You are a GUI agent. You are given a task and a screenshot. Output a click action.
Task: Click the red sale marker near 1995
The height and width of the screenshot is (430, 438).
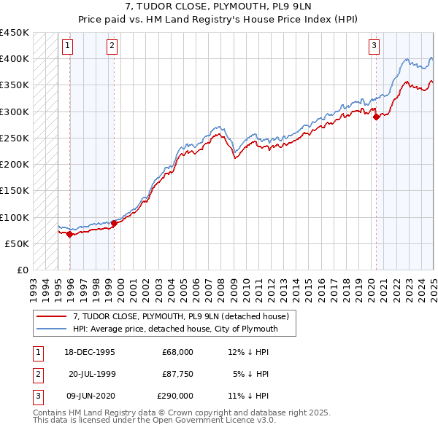[69, 235]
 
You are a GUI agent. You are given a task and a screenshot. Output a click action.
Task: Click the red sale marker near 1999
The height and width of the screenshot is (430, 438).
[114, 224]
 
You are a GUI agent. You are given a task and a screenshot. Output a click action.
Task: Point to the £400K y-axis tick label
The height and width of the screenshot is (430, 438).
[15, 58]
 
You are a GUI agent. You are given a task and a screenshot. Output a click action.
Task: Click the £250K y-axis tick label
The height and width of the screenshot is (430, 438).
[15, 138]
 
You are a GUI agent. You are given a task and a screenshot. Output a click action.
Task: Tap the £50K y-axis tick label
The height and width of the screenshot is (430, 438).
[18, 243]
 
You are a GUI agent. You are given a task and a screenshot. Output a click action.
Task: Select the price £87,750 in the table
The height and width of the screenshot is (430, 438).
[177, 374]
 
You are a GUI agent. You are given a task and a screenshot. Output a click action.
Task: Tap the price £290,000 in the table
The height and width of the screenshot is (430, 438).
[175, 396]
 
